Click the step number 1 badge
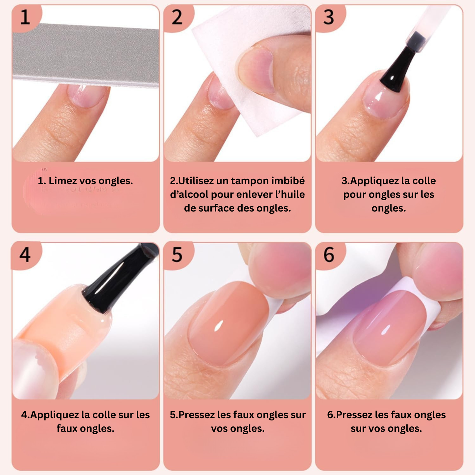point(25,17)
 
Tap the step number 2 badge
point(177,17)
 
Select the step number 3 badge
point(329,17)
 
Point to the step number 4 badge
point(25,255)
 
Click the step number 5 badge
point(177,255)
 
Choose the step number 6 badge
point(329,255)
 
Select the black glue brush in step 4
point(115,279)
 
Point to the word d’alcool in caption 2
point(189,195)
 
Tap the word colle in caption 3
point(424,181)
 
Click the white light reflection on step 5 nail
point(218,326)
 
